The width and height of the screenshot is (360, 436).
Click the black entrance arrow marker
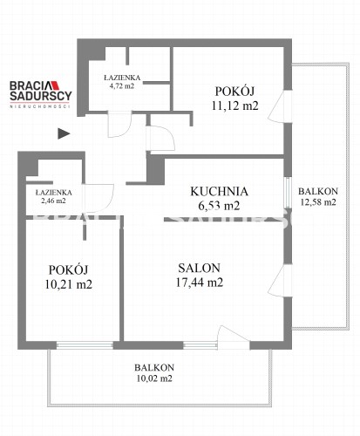pos(64,133)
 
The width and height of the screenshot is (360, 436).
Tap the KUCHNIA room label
pos(220,192)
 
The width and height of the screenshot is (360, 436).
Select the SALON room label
pos(200,268)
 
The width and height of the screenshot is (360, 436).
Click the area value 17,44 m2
pos(200,283)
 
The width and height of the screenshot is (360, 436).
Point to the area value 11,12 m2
pos(235,106)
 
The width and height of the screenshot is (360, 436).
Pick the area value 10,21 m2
pos(69,284)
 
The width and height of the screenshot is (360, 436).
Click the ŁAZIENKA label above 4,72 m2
pos(122,78)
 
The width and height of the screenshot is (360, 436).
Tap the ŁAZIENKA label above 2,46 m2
pos(54,193)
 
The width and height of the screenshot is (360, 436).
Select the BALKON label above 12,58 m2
pos(318,192)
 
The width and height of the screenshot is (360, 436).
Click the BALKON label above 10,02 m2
pos(154,368)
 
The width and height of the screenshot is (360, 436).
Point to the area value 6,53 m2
pos(219,206)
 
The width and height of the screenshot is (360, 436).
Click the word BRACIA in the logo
pos(31,85)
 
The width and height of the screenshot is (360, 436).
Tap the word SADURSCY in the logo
pos(41,96)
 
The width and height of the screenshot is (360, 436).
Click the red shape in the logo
pos(55,85)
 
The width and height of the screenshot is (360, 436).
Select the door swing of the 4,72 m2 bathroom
pos(119,125)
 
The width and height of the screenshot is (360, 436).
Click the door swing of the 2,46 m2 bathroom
pos(98,198)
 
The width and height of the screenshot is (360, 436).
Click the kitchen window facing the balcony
pos(287,193)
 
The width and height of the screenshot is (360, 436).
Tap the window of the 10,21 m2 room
pos(85,345)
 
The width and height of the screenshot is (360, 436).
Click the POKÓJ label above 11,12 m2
pos(234,92)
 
